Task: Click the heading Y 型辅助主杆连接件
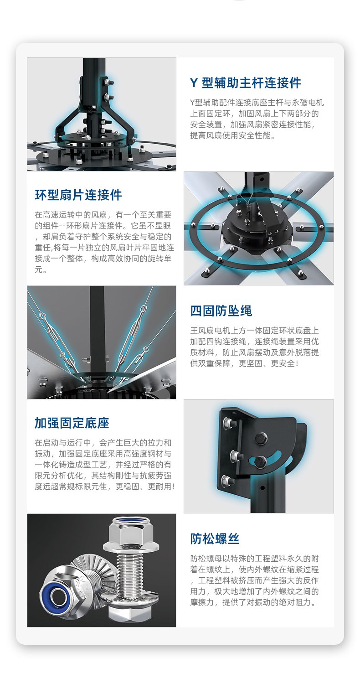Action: (x=245, y=83)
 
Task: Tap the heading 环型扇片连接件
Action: (x=78, y=195)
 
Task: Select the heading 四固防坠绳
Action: (x=221, y=311)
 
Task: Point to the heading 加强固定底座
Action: (x=72, y=423)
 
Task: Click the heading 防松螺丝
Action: (x=215, y=539)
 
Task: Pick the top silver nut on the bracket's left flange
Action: (x=229, y=423)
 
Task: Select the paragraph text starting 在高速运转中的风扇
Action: (x=104, y=242)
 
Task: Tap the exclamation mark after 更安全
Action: (x=297, y=363)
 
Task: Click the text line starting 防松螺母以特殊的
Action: (x=254, y=559)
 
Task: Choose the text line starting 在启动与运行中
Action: (x=103, y=443)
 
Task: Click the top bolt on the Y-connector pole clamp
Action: (x=108, y=83)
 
